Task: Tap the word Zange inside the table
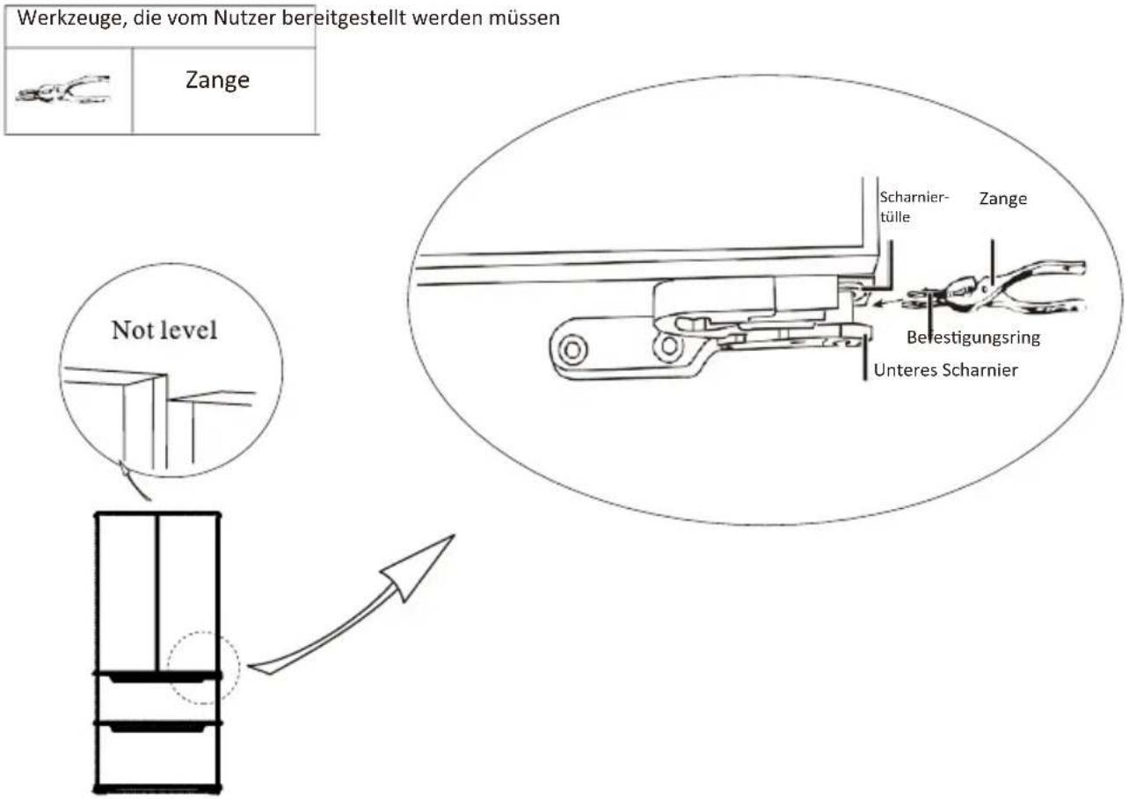[218, 81]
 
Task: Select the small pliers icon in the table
[63, 90]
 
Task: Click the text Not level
[164, 330]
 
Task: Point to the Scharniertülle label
[914, 207]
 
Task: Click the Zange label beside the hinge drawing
[1002, 199]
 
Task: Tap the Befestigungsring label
[973, 338]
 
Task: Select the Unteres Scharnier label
[945, 371]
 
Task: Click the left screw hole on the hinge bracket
[572, 349]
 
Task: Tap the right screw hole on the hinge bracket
[669, 345]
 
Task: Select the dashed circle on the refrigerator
[204, 632]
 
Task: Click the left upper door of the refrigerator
[126, 592]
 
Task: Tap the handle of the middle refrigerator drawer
[158, 679]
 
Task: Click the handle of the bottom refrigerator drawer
[158, 728]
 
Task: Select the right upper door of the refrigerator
[190, 592]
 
